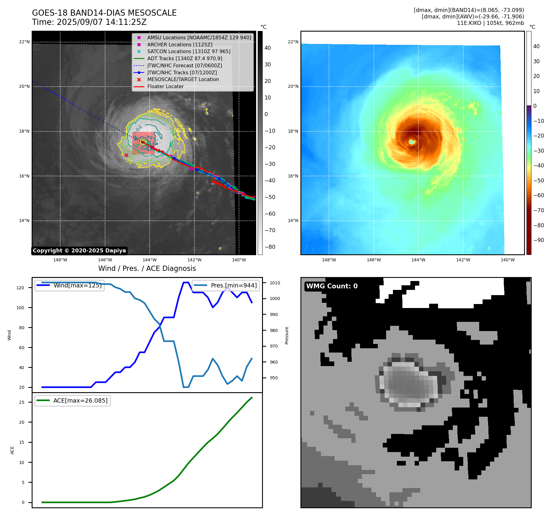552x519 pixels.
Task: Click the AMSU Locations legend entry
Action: (x=199, y=37)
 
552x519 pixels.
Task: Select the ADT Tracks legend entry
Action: (x=184, y=58)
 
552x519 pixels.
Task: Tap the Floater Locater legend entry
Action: (x=165, y=86)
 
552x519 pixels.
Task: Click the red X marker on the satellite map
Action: (x=126, y=155)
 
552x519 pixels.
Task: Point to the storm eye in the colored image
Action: (x=412, y=142)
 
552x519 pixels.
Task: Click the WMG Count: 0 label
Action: (x=332, y=286)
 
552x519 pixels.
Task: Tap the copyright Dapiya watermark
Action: (x=79, y=251)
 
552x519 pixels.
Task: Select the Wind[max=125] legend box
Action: (x=69, y=285)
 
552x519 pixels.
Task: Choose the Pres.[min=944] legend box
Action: (x=226, y=285)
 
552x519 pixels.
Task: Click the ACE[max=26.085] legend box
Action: (x=72, y=400)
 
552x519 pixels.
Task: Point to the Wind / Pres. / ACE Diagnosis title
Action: (x=147, y=268)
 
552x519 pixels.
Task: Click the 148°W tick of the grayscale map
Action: (x=60, y=260)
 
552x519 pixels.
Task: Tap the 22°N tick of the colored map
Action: (x=293, y=42)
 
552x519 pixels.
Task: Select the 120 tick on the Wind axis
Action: (x=20, y=288)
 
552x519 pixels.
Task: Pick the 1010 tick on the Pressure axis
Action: (x=275, y=283)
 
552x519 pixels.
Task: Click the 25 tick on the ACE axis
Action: (x=22, y=402)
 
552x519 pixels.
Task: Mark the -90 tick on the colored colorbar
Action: (x=538, y=240)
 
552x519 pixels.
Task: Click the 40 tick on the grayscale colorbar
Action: (x=268, y=48)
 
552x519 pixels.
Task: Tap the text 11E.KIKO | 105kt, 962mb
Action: (x=490, y=23)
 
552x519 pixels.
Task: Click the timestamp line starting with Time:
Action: (x=89, y=22)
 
